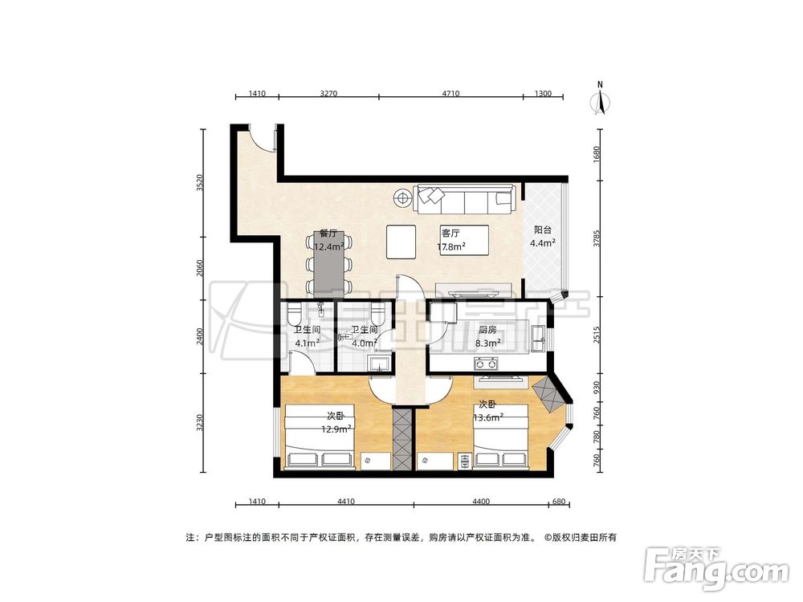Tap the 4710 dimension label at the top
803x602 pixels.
[x=450, y=94]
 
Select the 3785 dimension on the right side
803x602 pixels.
[x=596, y=238]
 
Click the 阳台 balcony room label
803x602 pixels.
[x=542, y=230]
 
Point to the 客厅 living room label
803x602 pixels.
[x=450, y=234]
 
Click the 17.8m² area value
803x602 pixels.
[x=450, y=247]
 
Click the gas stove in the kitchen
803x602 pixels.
[x=487, y=364]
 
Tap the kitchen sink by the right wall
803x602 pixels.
[x=538, y=338]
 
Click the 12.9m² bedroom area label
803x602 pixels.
[x=336, y=429]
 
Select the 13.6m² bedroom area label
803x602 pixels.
[x=487, y=417]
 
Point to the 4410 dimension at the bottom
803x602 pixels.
[x=346, y=502]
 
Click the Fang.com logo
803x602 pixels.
[x=716, y=567]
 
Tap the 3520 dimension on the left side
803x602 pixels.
[x=200, y=183]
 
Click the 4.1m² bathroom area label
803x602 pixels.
[x=308, y=344]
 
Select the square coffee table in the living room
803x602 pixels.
[x=401, y=242]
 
